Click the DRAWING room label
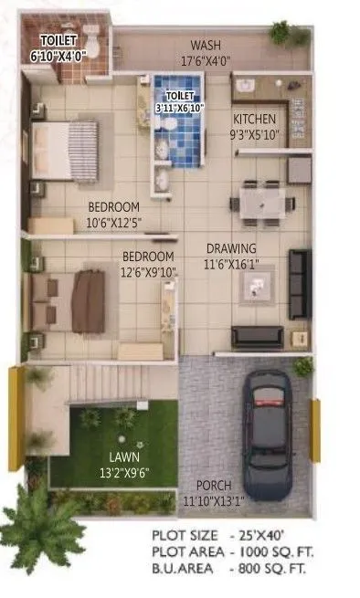click(230, 248)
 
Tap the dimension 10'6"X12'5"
click(114, 223)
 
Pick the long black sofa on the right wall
click(300, 283)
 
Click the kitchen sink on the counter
click(245, 89)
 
